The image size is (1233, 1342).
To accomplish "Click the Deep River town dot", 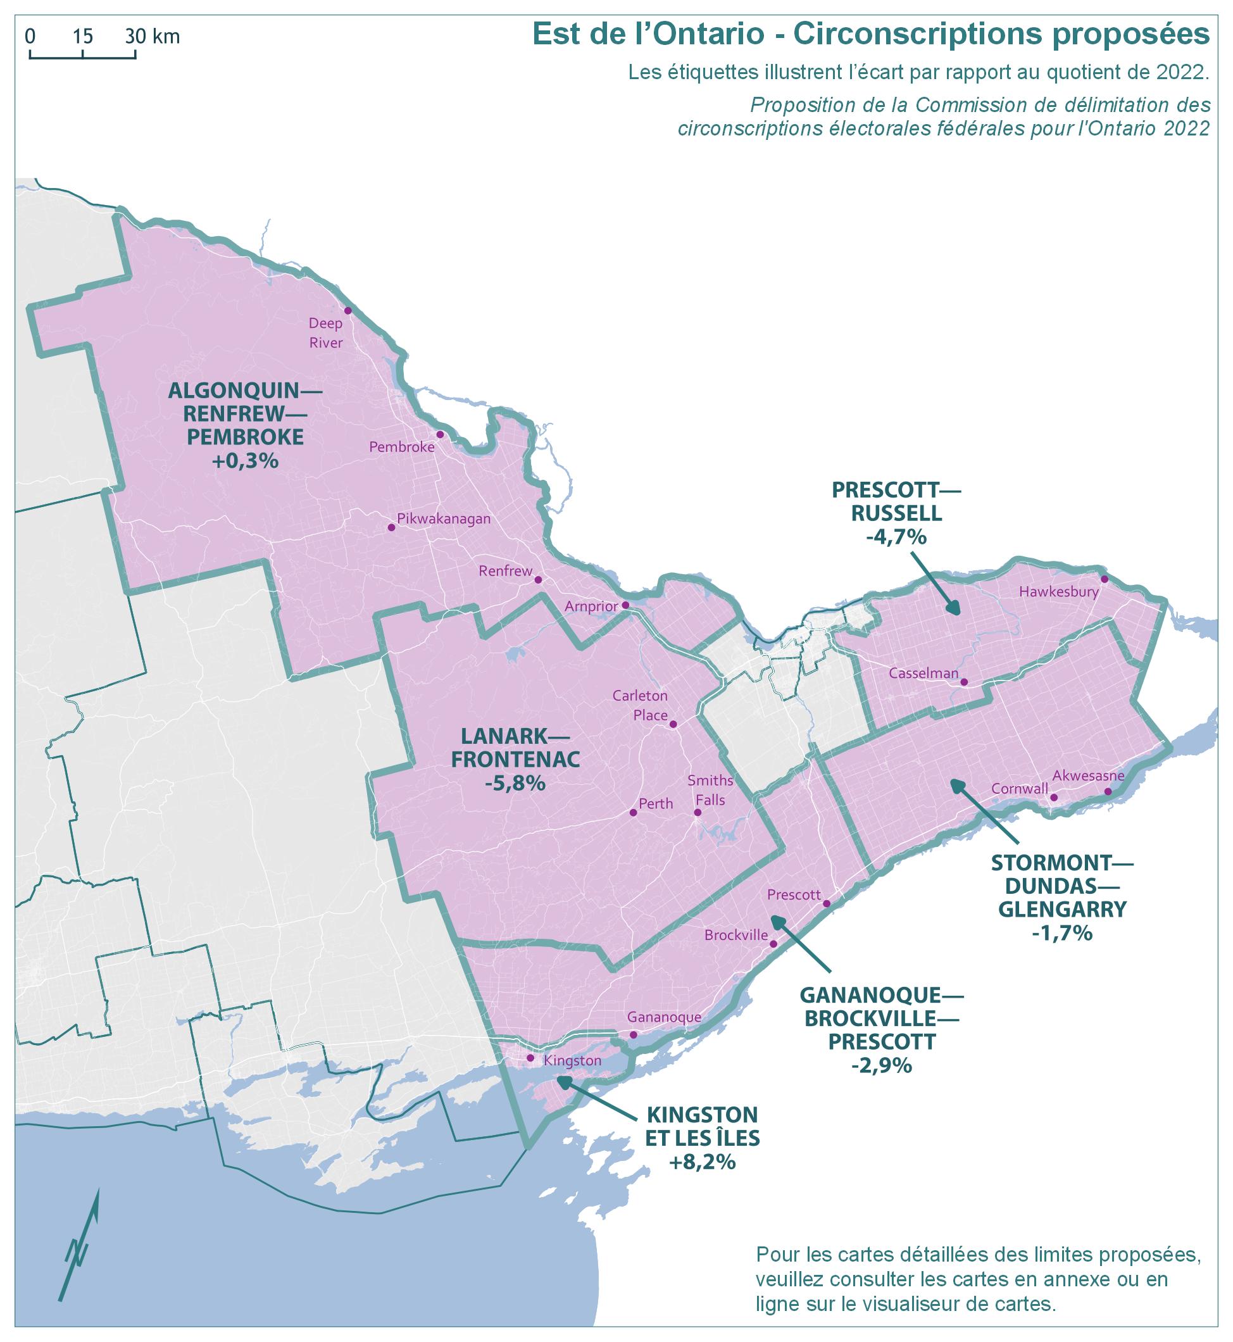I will tap(347, 311).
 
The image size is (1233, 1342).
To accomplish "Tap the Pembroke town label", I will tap(402, 447).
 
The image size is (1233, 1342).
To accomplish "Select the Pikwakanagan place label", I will tap(444, 518).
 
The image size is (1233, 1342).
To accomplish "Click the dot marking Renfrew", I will tap(539, 580).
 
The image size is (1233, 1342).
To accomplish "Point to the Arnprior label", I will tap(591, 606).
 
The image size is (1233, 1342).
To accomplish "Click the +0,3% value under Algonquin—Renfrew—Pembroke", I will tap(245, 461).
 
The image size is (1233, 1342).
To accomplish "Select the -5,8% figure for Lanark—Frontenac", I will tap(515, 783).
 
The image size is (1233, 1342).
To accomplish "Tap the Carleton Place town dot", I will tap(673, 724).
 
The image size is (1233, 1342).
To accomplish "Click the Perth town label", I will tap(656, 804).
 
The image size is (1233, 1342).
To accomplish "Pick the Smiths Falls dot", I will tap(698, 813).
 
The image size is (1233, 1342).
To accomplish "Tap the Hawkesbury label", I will tap(1059, 591).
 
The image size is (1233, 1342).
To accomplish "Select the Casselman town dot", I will tap(965, 682).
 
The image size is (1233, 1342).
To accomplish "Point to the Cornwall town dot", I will tap(1054, 798).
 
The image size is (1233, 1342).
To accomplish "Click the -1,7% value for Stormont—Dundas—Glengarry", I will tap(1061, 933).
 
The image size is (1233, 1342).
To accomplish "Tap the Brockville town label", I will tap(736, 936).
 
